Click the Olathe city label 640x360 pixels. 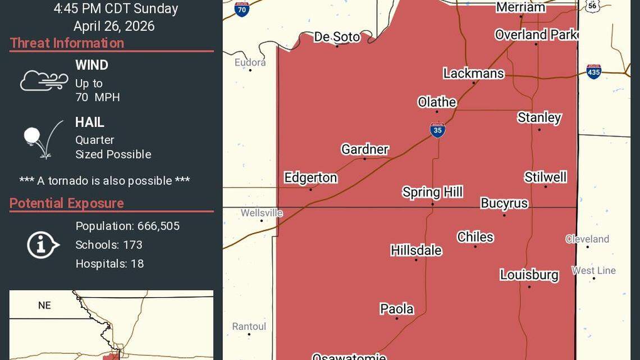[x=437, y=102]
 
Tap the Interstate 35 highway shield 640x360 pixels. [x=437, y=130]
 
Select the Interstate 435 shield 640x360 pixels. [x=593, y=71]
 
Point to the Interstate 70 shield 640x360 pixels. [x=242, y=9]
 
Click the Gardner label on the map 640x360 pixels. [x=365, y=149]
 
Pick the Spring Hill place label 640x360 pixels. [x=432, y=192]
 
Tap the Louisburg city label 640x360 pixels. [x=529, y=275]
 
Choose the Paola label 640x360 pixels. [x=397, y=309]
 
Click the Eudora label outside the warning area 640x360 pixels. [x=250, y=62]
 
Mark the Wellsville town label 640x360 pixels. [x=262, y=213]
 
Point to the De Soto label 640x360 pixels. [x=337, y=37]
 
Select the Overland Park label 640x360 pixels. [x=536, y=35]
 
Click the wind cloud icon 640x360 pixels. [x=44, y=81]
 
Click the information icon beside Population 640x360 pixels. [x=43, y=245]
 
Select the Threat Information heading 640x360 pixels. [x=67, y=43]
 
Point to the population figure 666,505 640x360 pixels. [x=158, y=226]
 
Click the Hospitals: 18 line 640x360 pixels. [x=109, y=263]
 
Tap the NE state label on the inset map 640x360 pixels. [x=44, y=306]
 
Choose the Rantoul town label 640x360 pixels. [x=249, y=326]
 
